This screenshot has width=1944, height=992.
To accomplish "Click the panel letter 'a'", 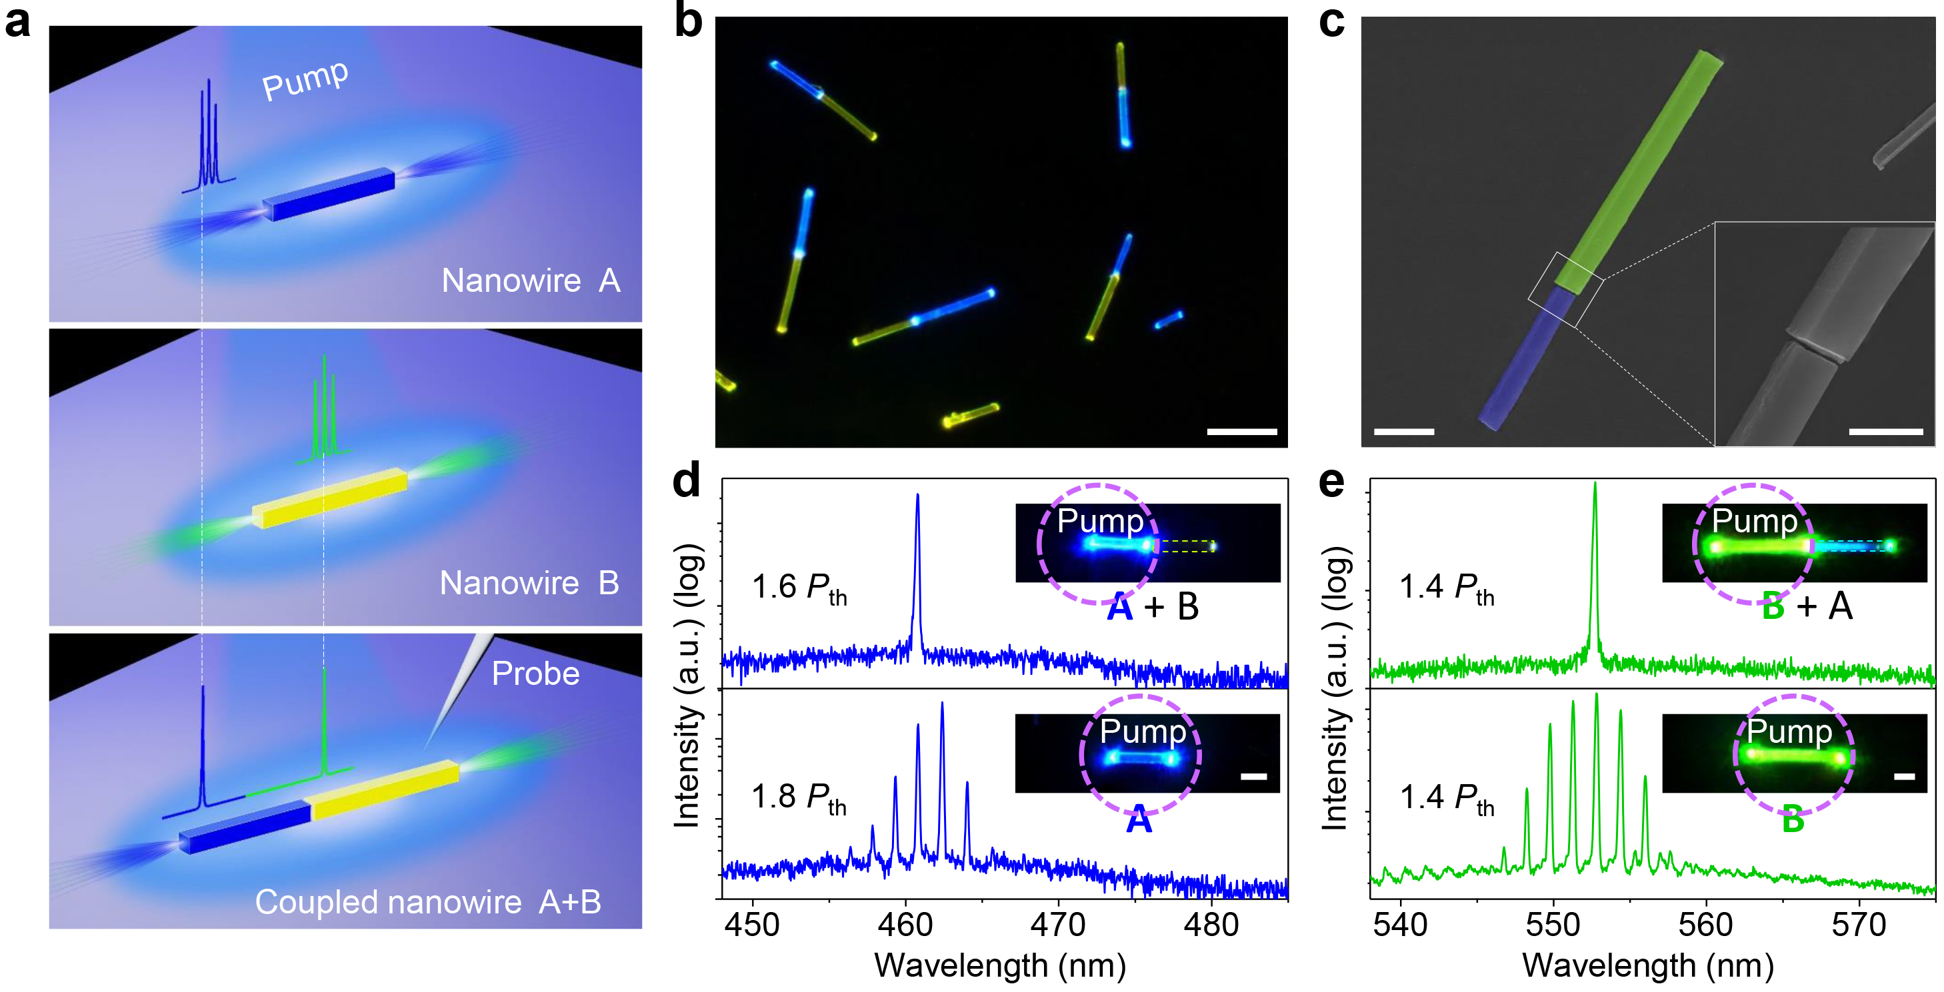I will (x=17, y=23).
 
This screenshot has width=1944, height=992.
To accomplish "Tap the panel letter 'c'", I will (x=1332, y=23).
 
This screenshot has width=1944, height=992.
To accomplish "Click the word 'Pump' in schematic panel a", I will (x=305, y=80).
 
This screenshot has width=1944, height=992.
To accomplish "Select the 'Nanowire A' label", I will (x=531, y=280).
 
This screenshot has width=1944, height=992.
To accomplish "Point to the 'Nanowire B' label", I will (x=529, y=583).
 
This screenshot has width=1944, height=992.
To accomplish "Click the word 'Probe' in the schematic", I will (x=536, y=674).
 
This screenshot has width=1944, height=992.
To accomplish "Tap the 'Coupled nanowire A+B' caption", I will (x=428, y=902).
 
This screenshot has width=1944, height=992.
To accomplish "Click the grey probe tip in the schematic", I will (x=453, y=694).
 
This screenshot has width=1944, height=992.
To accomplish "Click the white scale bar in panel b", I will (x=1241, y=432).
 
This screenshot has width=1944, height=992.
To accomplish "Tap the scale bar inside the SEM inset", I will (x=1886, y=432).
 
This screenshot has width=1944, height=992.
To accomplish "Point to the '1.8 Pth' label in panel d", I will (x=799, y=797).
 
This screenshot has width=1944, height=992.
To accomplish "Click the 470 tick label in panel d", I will (x=1058, y=925).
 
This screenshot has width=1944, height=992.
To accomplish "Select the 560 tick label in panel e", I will (x=1705, y=925).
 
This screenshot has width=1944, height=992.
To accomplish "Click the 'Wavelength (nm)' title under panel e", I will (x=1648, y=967).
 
